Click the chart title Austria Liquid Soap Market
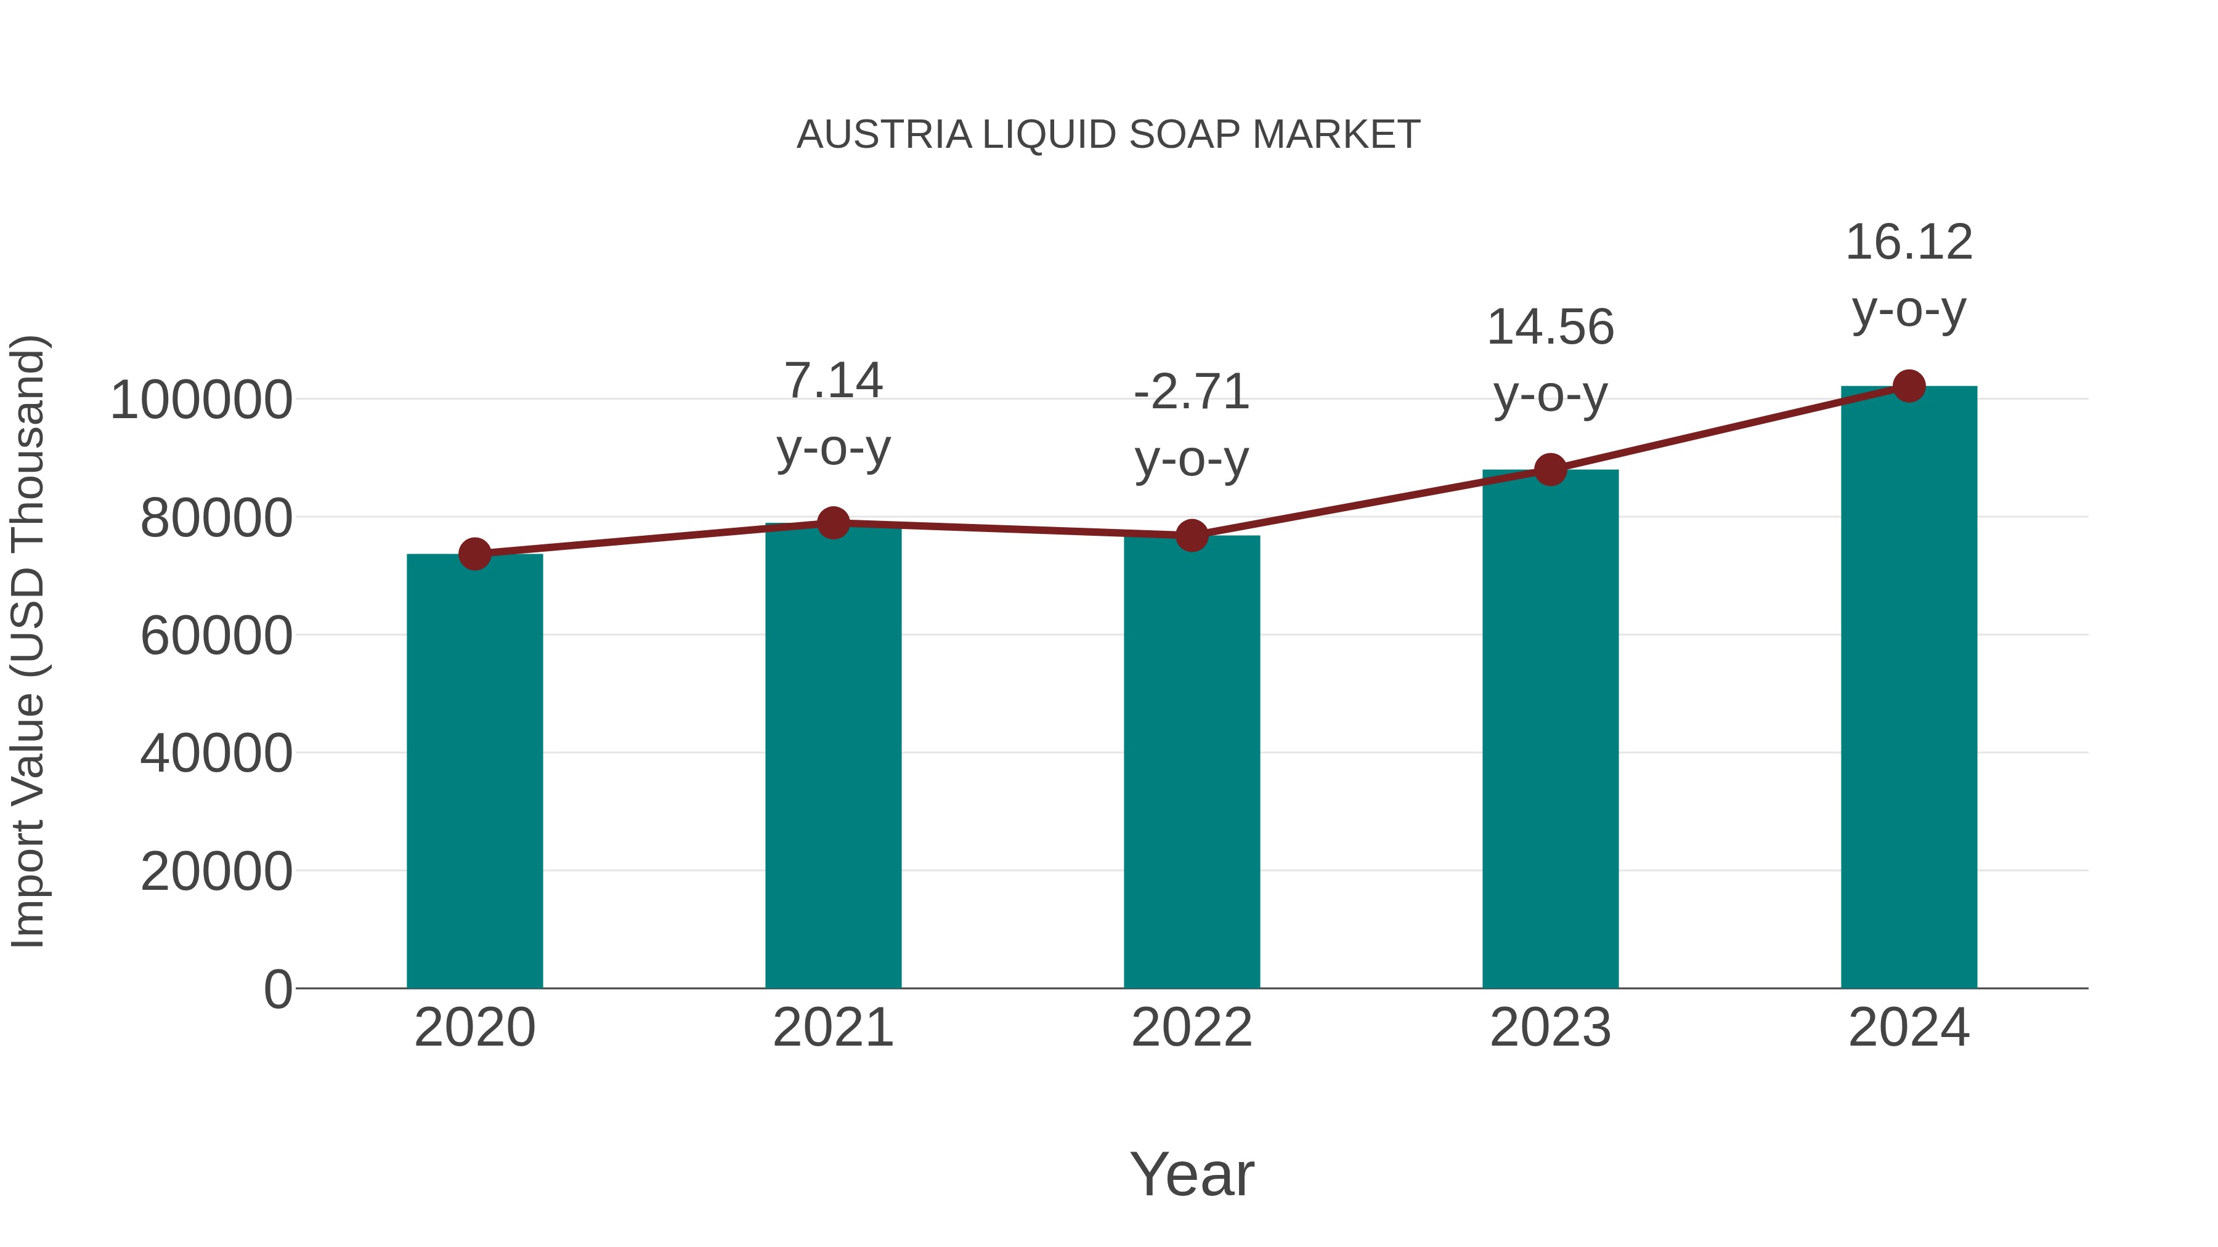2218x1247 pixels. click(1108, 135)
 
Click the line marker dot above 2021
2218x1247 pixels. click(832, 522)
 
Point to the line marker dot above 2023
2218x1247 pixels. click(1550, 470)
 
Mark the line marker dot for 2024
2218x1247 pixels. click(1909, 386)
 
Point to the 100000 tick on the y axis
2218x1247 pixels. click(201, 400)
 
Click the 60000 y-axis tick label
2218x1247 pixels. click(216, 636)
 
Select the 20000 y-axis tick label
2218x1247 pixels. click(216, 872)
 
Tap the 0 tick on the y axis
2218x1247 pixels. click(277, 989)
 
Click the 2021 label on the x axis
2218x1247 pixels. click(832, 1028)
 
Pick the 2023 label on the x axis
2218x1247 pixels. click(1550, 1028)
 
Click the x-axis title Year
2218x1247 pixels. click(1192, 1174)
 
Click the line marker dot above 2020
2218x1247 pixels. click(474, 554)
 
